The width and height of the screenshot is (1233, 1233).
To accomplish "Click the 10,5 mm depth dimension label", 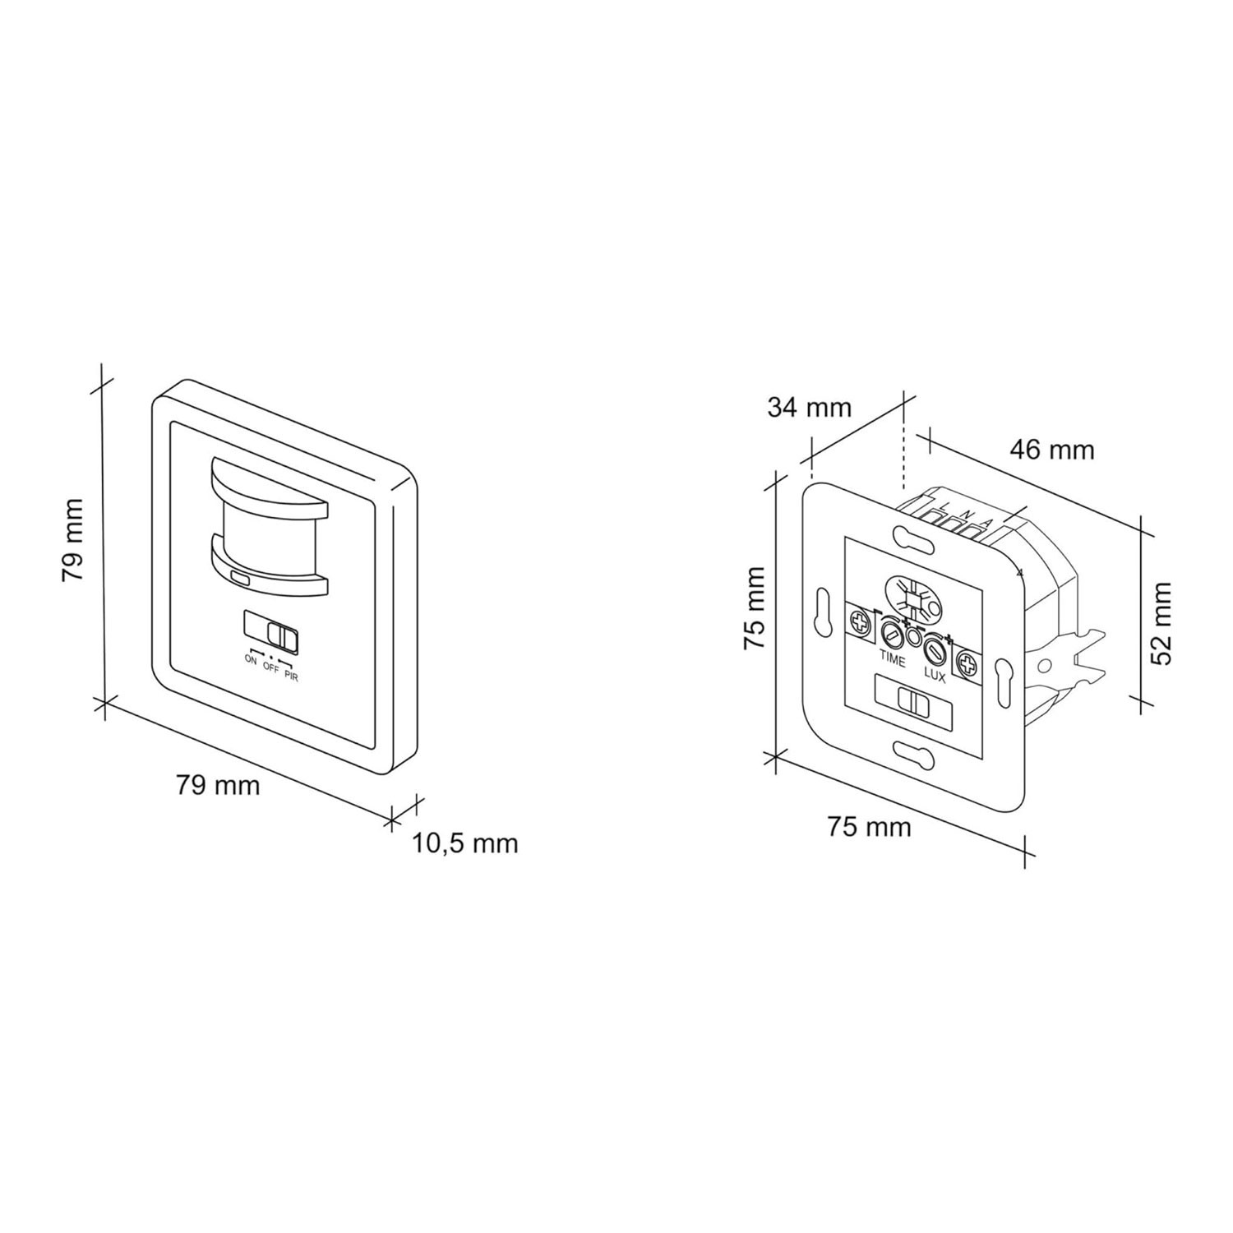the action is [465, 843].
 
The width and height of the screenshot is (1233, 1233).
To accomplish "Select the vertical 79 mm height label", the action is [74, 539].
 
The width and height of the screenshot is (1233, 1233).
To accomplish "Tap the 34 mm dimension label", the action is [810, 407].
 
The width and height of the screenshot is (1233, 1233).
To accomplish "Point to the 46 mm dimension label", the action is [1052, 450].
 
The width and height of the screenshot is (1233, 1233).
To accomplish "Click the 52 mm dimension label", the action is [1159, 624].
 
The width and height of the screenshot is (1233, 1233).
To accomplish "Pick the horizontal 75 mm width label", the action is [869, 826].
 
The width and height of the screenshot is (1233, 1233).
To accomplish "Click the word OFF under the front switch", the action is [271, 667].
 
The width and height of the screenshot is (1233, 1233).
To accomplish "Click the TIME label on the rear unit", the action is [893, 658].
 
